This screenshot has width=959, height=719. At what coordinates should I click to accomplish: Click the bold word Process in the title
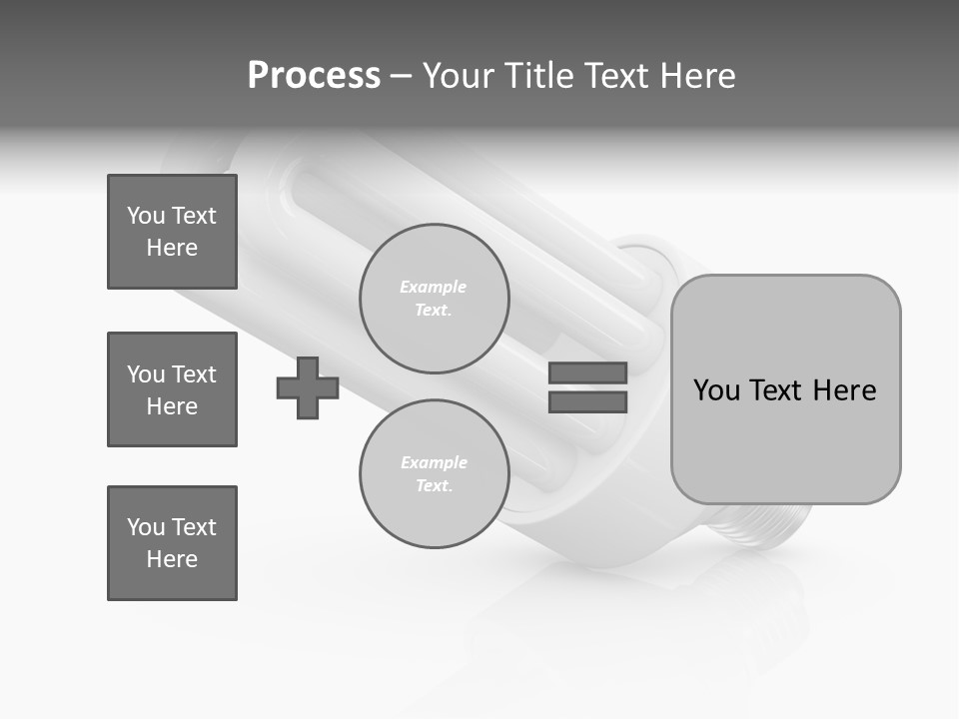314,76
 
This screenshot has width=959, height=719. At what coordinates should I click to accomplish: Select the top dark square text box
172,232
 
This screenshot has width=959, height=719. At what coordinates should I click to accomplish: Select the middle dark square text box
172,389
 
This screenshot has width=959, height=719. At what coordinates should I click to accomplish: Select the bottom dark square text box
172,543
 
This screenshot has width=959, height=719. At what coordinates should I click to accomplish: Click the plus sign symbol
308,387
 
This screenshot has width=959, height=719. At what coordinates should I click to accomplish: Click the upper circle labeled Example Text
435,299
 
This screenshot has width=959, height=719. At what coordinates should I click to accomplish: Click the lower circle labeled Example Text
435,474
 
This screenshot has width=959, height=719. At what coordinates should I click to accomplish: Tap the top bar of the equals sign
587,372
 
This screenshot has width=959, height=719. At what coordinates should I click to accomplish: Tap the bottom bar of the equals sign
587,401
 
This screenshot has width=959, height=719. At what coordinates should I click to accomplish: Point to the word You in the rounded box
717,389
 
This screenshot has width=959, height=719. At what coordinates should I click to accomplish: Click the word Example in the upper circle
434,287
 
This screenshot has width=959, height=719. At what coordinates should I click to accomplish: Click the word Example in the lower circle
434,462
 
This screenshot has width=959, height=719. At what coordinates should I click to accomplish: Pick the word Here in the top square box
172,248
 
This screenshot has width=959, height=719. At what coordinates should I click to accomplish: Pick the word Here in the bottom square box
172,559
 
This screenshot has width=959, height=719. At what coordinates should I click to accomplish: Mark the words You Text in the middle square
172,374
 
